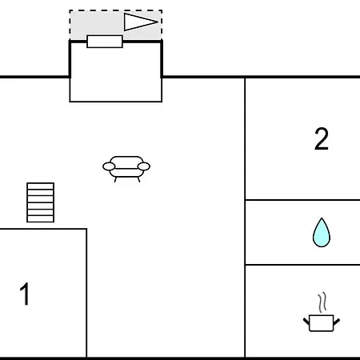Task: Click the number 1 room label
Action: click(25, 294)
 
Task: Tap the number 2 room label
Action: click(322, 138)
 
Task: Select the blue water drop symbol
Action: click(322, 233)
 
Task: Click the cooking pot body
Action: click(322, 323)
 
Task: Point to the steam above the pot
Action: click(322, 302)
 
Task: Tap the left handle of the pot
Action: click(306, 322)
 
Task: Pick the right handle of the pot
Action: click(337, 322)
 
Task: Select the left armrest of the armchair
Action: click(109, 166)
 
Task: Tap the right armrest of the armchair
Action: click(144, 166)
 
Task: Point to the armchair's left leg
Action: click(115, 179)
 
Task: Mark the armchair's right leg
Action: click(138, 179)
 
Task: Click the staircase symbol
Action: click(41, 202)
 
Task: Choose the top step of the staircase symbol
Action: click(41, 186)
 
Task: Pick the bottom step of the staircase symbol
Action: click(41, 218)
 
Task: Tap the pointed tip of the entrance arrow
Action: click(158, 22)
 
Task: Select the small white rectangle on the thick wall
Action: click(105, 42)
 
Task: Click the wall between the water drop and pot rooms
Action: click(302, 265)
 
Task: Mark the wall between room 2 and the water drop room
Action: click(302, 200)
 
